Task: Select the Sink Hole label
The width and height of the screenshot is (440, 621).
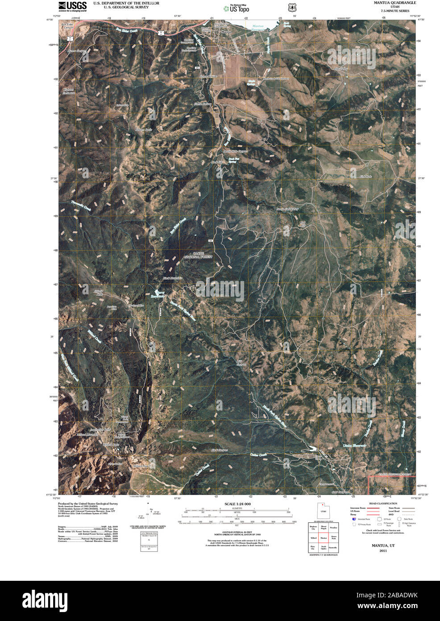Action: click(x=366, y=177)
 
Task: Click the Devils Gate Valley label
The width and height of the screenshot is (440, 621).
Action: click(x=287, y=209)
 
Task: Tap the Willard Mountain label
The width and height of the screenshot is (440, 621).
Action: click(x=87, y=434)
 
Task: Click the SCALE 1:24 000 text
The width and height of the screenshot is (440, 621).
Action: click(x=238, y=504)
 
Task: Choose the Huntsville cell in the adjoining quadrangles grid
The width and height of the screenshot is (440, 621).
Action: click(x=333, y=547)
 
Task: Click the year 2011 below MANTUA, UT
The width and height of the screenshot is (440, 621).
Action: click(x=383, y=551)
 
